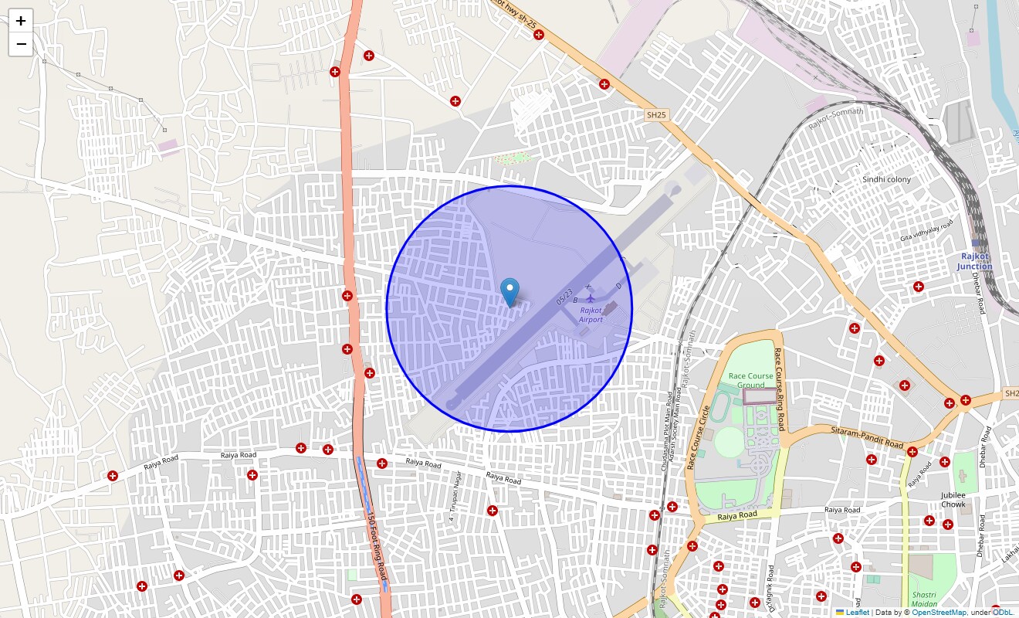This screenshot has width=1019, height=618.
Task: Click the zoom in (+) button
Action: pyautogui.click(x=21, y=21)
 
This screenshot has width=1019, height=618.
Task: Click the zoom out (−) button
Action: pyautogui.click(x=21, y=44)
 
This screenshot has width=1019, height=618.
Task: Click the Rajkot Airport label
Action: pyautogui.click(x=591, y=314)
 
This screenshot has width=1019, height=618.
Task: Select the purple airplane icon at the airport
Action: pyautogui.click(x=591, y=297)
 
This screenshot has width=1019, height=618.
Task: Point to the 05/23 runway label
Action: pyautogui.click(x=565, y=297)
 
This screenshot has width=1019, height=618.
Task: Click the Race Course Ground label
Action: pyautogui.click(x=750, y=380)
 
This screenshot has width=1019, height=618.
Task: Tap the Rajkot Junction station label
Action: pyautogui.click(x=974, y=261)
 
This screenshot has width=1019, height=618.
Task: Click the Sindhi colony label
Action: pyautogui.click(x=886, y=179)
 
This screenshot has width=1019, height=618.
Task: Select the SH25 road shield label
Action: pyautogui.click(x=656, y=115)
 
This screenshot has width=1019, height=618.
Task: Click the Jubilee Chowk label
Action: pyautogui.click(x=953, y=499)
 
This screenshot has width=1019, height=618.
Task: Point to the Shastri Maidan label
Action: pyautogui.click(x=924, y=599)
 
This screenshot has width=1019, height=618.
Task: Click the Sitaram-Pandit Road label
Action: pyautogui.click(x=867, y=437)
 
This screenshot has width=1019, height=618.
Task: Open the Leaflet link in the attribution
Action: pyautogui.click(x=857, y=613)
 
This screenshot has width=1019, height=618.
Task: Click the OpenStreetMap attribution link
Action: pyautogui.click(x=939, y=613)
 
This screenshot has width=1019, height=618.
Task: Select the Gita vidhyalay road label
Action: pyautogui.click(x=926, y=230)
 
